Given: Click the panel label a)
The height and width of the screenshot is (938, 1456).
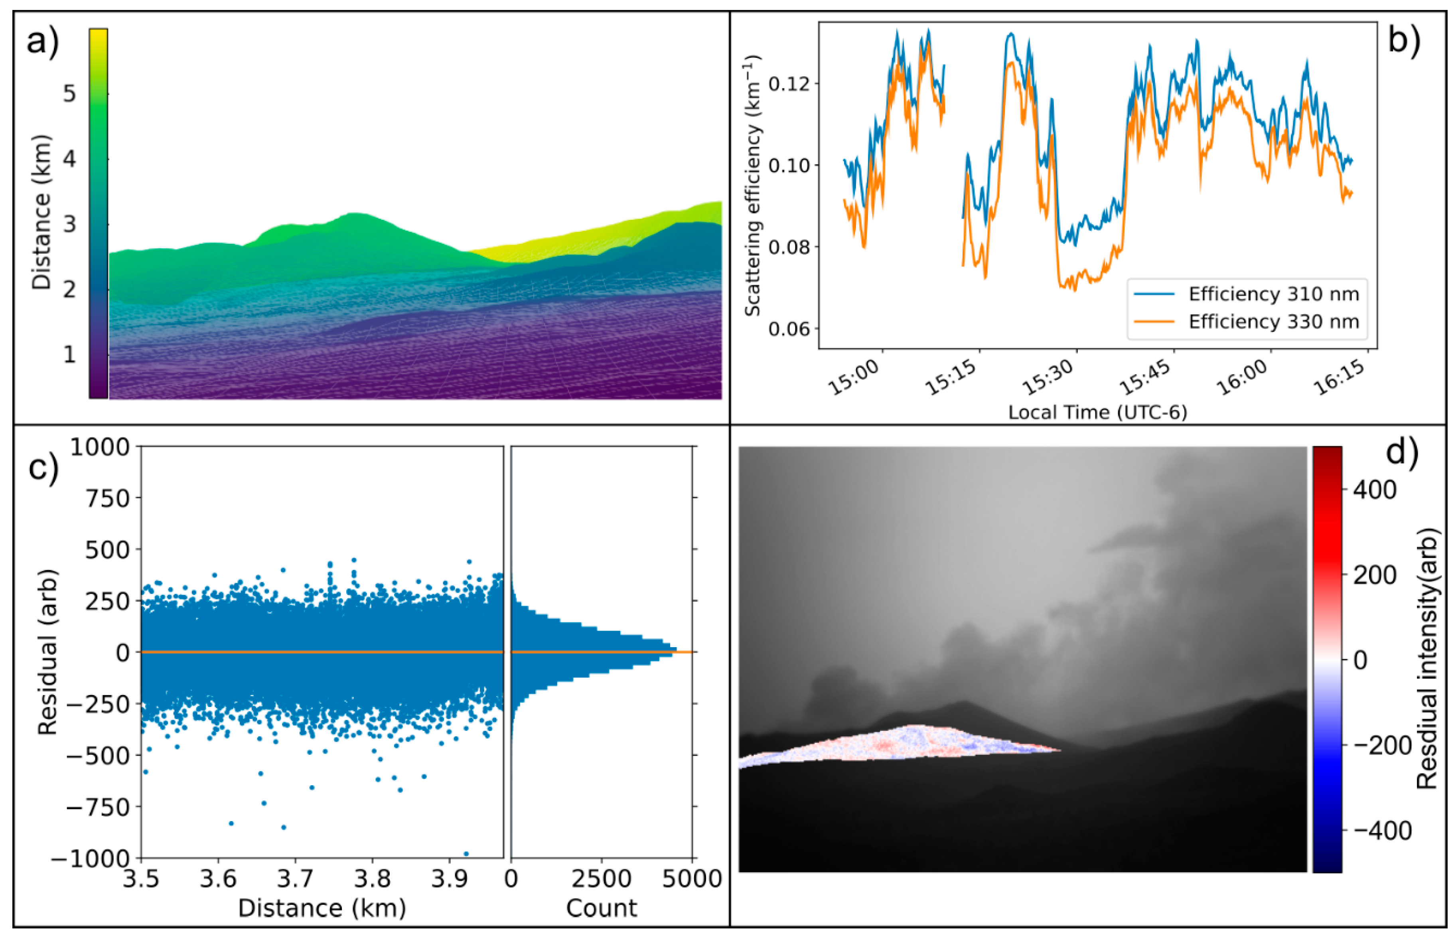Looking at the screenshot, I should (x=43, y=43).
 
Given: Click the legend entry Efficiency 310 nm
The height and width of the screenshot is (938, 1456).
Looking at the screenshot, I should (x=1273, y=294).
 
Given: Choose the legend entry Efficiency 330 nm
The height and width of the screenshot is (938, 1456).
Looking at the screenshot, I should (x=1273, y=322).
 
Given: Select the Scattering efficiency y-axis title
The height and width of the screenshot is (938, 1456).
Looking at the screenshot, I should (x=753, y=186).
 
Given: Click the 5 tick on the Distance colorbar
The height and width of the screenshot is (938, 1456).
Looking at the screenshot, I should (x=69, y=94).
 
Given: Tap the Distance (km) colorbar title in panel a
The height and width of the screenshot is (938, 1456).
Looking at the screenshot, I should (x=41, y=212).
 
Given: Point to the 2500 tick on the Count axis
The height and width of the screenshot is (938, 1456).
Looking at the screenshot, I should (x=602, y=879).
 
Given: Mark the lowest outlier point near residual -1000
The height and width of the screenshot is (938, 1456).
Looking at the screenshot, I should (x=466, y=854).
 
